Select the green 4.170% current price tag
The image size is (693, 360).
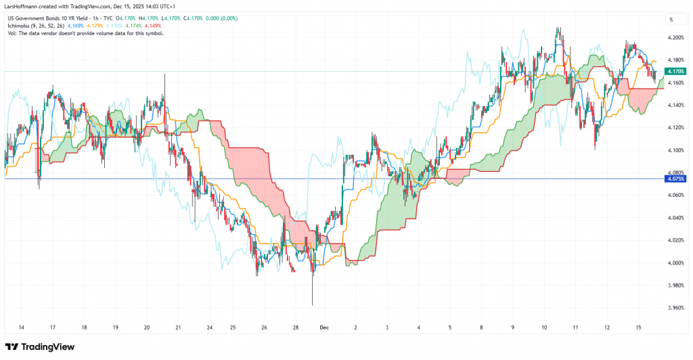(675, 71)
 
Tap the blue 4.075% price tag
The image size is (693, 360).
(675, 179)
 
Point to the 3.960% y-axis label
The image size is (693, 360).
(675, 307)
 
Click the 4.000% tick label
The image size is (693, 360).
(675, 263)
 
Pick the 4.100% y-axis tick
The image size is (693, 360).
(675, 150)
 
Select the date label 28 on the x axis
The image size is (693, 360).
(296, 327)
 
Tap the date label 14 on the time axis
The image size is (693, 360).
(21, 327)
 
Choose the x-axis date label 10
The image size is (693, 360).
(545, 327)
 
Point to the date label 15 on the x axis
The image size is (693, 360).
(639, 327)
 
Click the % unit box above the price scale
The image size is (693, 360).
(671, 20)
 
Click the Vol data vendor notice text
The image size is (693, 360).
(84, 32)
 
